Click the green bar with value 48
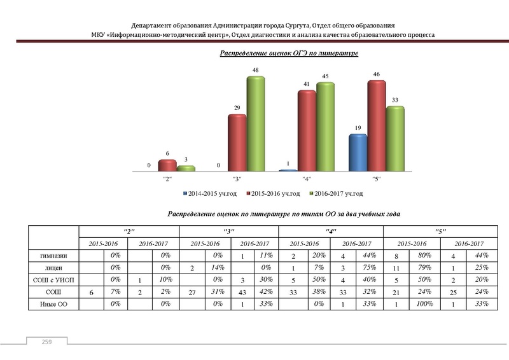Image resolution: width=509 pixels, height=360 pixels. tap(256, 124)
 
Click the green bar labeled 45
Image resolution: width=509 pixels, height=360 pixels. tap(324, 127)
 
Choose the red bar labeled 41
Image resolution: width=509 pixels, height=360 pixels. tap(307, 131)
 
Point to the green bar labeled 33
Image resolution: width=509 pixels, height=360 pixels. tap(395, 139)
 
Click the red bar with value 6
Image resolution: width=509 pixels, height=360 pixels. tap(167, 165)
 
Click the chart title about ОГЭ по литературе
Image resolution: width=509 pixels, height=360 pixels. tap(289, 53)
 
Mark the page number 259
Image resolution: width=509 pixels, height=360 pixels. tap(46, 343)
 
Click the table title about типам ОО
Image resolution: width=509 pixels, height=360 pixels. tap(284, 214)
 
